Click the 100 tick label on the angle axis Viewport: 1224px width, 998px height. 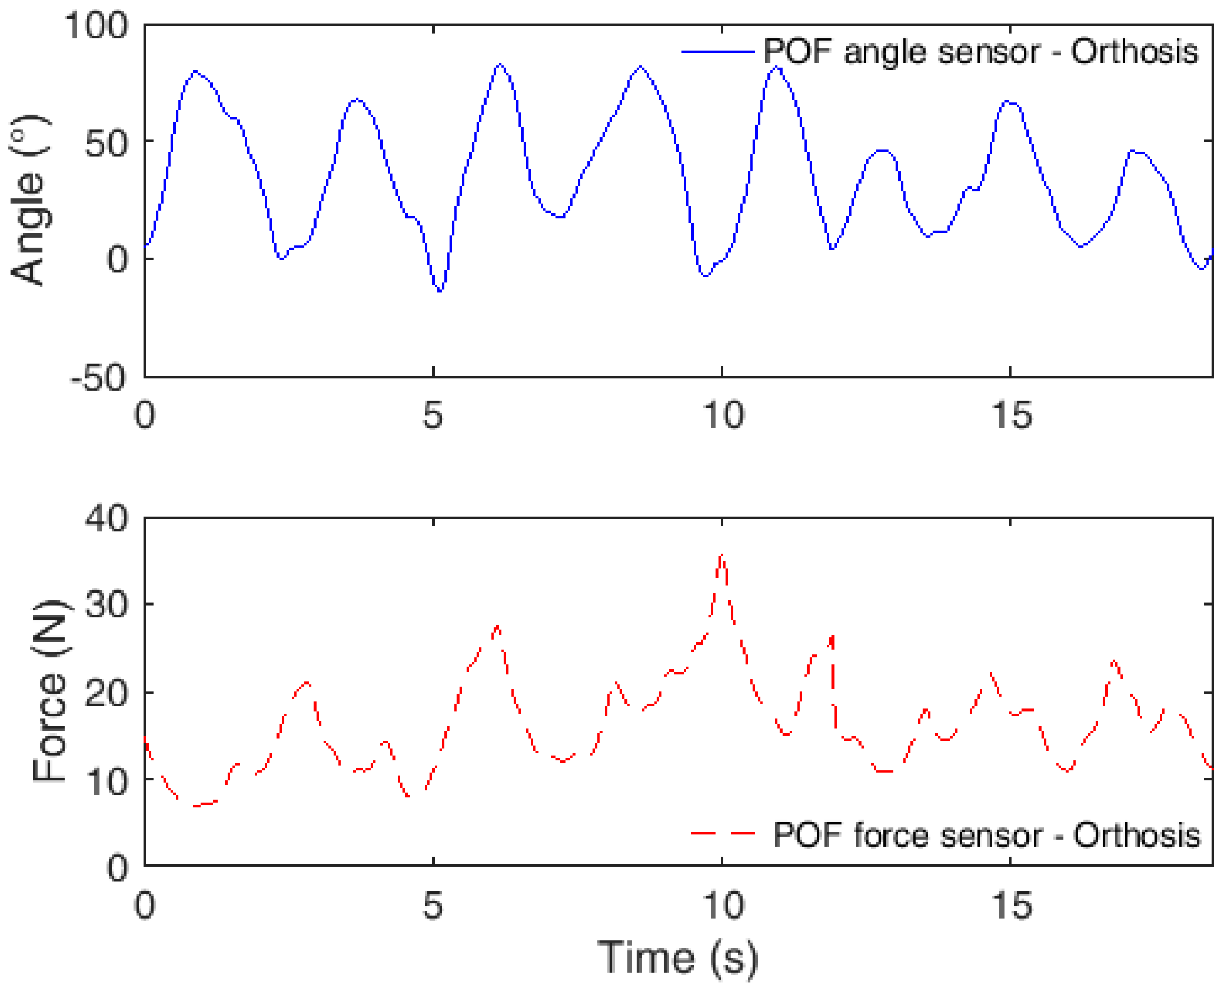[96, 26]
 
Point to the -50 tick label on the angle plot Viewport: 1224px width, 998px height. [98, 377]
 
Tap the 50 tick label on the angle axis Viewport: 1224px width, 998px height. [106, 143]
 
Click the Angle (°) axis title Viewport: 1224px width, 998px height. [29, 200]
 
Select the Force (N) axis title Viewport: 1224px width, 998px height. [51, 691]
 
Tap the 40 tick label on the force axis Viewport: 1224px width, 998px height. [106, 518]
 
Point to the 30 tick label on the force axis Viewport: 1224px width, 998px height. [106, 604]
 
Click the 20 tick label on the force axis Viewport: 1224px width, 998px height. [106, 693]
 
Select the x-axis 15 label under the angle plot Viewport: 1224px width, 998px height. [1012, 415]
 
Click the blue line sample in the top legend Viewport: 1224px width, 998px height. [717, 52]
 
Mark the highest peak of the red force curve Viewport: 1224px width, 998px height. [722, 555]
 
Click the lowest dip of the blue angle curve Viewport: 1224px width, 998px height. [440, 291]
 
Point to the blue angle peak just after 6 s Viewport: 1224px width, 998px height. [500, 64]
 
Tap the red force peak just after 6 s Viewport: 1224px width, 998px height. [498, 626]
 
